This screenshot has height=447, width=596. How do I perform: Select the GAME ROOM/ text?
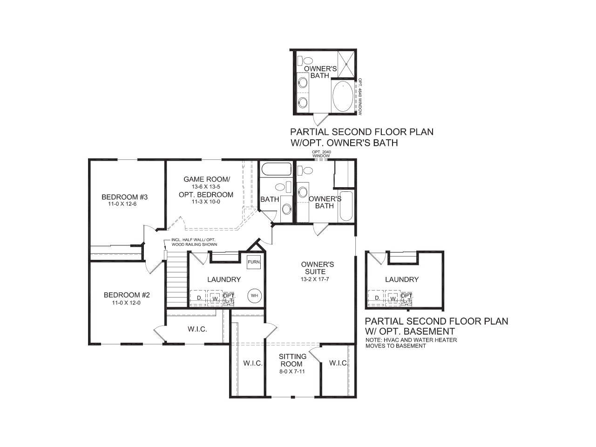(206, 179)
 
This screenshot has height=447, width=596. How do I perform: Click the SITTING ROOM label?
(292, 360)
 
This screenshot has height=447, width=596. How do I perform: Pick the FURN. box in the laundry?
(254, 262)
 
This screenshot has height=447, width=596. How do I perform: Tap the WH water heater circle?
(254, 295)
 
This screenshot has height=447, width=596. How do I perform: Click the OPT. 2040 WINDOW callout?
(321, 154)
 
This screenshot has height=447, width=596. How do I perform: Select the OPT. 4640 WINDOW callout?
(360, 96)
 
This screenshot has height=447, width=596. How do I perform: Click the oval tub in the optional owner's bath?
(343, 96)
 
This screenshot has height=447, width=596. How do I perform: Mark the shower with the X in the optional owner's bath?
(345, 64)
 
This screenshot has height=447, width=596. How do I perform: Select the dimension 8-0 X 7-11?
(292, 372)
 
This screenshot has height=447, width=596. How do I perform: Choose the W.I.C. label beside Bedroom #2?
(197, 329)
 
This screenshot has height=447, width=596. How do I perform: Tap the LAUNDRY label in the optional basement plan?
(401, 279)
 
